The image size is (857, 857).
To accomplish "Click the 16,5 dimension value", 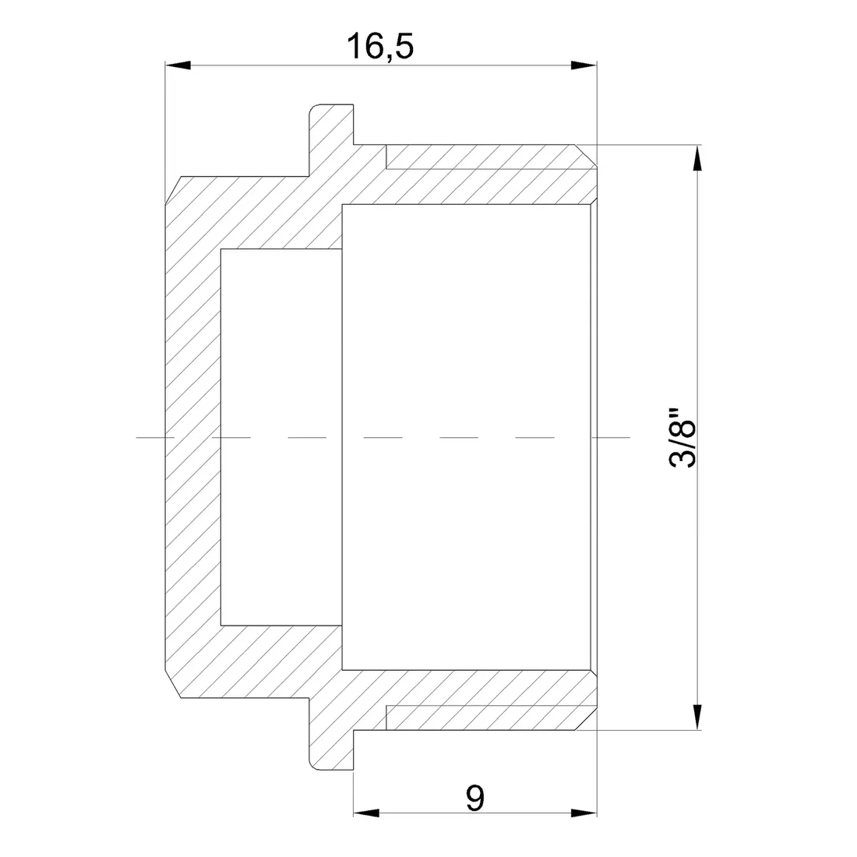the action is (380, 46).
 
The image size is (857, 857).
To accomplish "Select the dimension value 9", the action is (475, 799).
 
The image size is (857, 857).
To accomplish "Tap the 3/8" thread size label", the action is (682, 437).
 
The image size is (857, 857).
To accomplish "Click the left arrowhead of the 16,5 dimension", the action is (178, 65).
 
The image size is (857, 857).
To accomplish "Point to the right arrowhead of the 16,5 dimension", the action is (584, 65).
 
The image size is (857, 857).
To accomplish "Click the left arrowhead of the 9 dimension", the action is (366, 813).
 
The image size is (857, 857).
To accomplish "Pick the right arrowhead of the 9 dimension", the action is (584, 813).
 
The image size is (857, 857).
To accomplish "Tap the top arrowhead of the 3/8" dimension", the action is (697, 158).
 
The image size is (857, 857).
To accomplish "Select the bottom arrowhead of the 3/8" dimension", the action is (697, 716).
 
